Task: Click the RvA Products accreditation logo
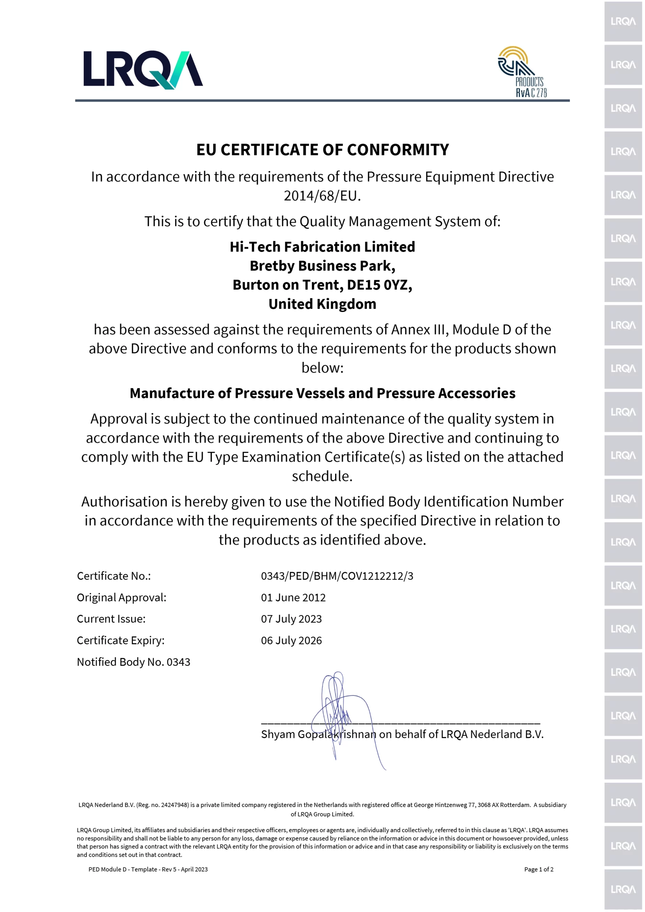pos(522,72)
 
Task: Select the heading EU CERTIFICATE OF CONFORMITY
pos(323,150)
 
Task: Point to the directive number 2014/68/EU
pos(322,196)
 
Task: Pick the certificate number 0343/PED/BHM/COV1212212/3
pos(337,576)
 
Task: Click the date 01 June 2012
pos(293,597)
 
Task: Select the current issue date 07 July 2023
pos(291,619)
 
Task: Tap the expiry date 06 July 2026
pos(291,640)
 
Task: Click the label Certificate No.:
pos(114,576)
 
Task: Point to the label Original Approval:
pos(121,597)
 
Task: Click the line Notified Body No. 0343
pos(134,662)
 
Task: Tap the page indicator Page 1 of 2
pos(539,869)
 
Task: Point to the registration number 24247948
pos(175,805)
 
